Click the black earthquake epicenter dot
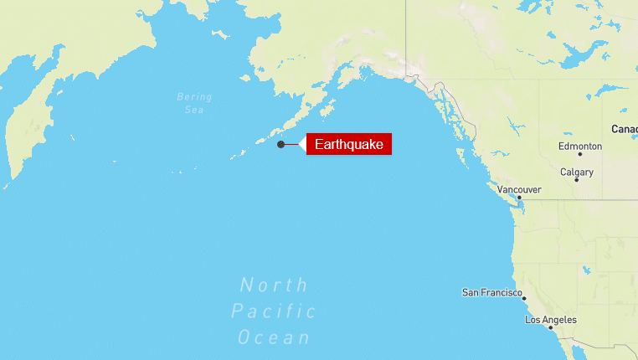click(x=280, y=145)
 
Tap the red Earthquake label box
click(x=349, y=145)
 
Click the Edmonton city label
click(x=579, y=147)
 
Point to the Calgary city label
click(x=577, y=172)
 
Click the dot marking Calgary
click(x=576, y=180)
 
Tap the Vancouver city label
click(x=518, y=190)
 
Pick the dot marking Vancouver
click(x=519, y=198)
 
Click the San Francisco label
click(x=492, y=292)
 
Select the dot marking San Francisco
click(x=523, y=298)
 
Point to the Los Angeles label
click(x=550, y=320)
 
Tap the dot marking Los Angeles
click(x=550, y=327)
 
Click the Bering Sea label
click(x=194, y=103)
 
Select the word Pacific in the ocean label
click(x=274, y=312)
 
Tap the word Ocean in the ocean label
click(x=274, y=338)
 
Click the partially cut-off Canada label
click(x=625, y=129)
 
